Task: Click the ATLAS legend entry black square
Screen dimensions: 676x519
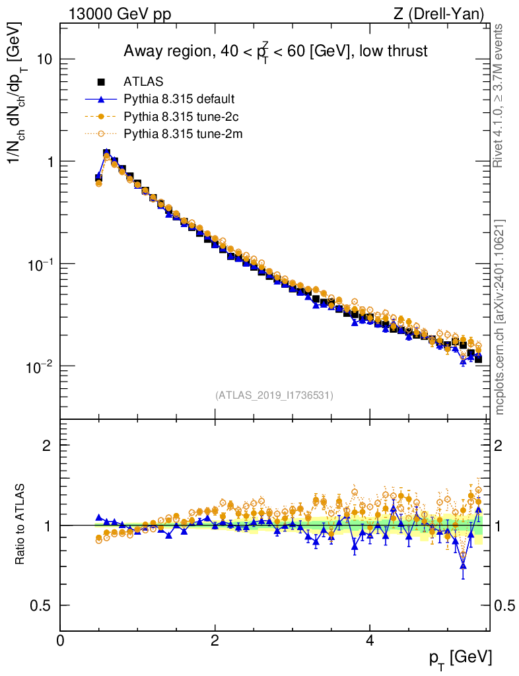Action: click(x=102, y=83)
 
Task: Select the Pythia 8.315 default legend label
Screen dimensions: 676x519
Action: click(x=179, y=100)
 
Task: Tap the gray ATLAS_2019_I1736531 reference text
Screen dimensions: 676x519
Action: click(x=274, y=395)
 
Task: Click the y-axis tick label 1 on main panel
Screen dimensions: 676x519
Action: click(x=48, y=162)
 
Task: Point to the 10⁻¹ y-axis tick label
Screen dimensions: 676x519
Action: click(x=40, y=263)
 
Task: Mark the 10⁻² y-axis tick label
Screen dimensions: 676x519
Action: click(x=40, y=366)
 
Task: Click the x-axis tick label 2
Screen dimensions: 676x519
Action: click(x=215, y=640)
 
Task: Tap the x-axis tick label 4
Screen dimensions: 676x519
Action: click(x=370, y=640)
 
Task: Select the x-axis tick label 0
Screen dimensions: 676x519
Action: click(x=61, y=640)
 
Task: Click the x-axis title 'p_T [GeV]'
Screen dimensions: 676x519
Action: click(x=461, y=658)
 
